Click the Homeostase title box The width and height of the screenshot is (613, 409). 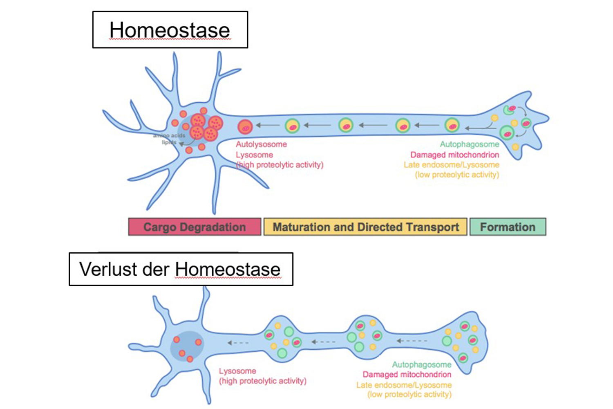[170, 30]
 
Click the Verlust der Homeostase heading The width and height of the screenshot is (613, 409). [180, 269]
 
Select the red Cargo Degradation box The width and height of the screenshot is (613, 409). [195, 227]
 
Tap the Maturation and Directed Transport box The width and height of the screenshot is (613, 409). [365, 227]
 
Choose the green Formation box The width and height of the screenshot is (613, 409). [508, 227]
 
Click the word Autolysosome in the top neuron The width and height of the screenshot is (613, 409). [261, 144]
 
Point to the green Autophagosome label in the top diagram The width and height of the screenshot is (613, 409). [469, 144]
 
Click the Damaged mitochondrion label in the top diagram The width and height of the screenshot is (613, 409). [454, 155]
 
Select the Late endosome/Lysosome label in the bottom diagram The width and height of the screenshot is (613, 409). [404, 385]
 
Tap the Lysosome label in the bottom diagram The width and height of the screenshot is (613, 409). [237, 371]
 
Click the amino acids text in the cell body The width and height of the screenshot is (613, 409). [169, 135]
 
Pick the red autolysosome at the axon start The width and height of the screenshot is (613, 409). [245, 127]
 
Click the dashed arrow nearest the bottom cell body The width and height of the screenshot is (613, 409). [238, 343]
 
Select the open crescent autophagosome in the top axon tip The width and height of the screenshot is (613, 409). [510, 109]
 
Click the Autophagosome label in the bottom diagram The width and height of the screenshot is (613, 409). [421, 364]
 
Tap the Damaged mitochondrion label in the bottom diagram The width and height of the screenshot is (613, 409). [407, 375]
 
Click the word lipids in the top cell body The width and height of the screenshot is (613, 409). [168, 142]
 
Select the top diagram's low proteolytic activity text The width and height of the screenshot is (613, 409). [457, 175]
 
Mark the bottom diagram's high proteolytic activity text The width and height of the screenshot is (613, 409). [263, 381]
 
